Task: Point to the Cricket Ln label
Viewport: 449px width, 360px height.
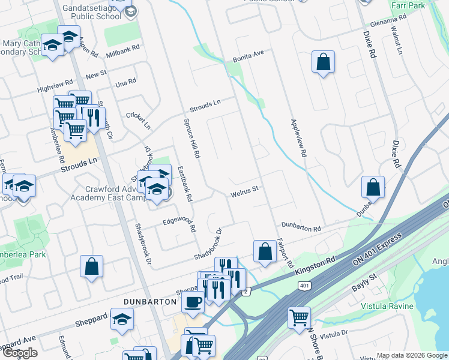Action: coord(139,119)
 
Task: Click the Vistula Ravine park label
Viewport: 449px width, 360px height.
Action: coord(387,306)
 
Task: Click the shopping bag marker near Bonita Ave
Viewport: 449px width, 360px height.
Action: coord(323,62)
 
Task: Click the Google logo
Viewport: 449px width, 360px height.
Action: coord(20,353)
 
